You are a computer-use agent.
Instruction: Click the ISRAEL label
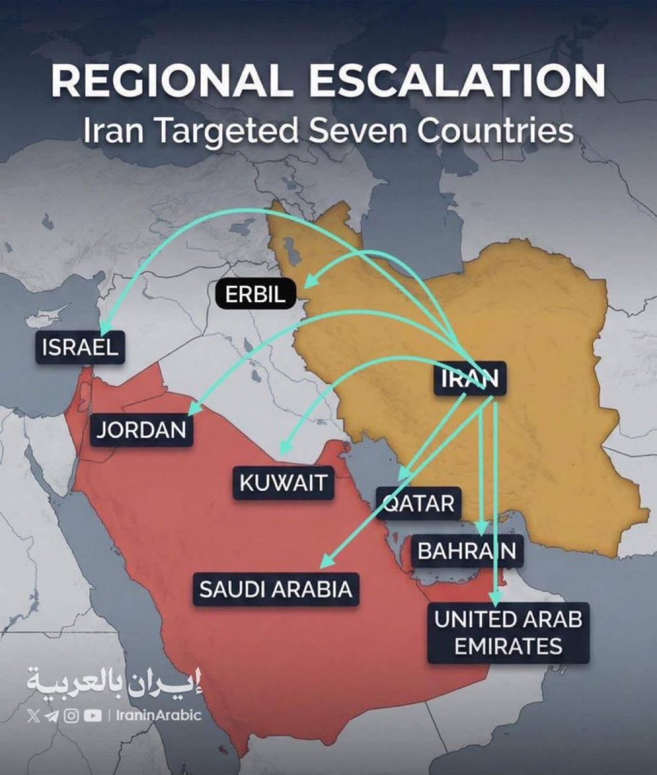click(x=80, y=347)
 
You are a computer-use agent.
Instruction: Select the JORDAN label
click(x=141, y=430)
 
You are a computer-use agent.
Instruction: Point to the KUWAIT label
click(x=284, y=482)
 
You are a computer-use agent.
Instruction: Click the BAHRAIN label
click(x=466, y=551)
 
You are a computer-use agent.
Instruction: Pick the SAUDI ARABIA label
click(x=276, y=589)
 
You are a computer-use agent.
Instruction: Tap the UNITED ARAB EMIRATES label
click(x=508, y=632)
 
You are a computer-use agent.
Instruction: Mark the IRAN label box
click(x=470, y=378)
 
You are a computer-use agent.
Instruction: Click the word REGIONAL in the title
click(x=174, y=82)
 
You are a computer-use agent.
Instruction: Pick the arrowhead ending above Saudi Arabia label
click(x=326, y=561)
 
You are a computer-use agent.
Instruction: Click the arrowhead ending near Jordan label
click(x=193, y=411)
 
